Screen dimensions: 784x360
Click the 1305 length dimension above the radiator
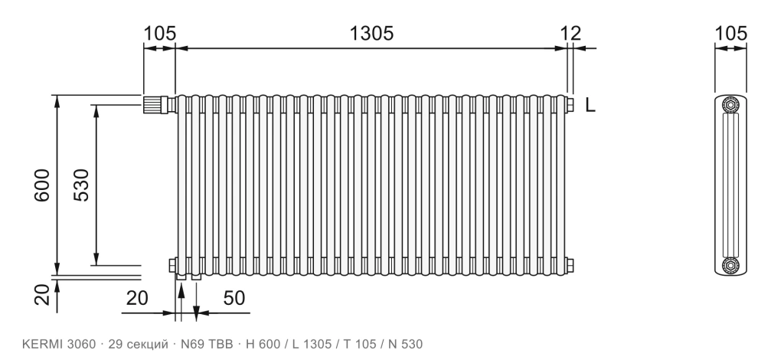371,34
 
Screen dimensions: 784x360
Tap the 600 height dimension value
42,185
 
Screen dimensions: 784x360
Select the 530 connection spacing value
81,185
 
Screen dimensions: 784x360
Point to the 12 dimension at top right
570,34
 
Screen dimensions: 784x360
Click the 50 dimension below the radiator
234,298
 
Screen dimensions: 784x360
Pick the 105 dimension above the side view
730,34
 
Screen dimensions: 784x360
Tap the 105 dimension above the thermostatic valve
160,34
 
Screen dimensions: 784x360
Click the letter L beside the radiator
590,105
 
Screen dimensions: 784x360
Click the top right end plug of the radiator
570,104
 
